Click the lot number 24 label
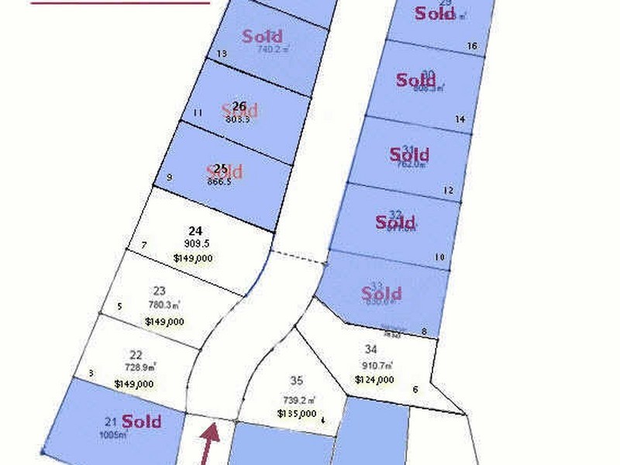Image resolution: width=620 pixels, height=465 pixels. point(195,230)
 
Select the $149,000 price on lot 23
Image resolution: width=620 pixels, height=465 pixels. point(164,321)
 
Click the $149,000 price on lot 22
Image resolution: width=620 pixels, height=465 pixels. point(134,383)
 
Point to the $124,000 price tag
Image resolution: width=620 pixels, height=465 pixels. point(375,380)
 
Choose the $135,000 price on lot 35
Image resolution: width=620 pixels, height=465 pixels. point(297,414)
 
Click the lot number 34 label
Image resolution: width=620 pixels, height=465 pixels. point(370,350)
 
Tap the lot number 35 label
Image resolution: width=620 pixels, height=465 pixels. point(297,381)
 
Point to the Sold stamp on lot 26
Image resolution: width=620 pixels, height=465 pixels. point(239,109)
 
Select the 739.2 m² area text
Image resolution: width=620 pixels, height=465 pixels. point(299,400)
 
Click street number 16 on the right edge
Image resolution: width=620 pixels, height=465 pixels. point(472,46)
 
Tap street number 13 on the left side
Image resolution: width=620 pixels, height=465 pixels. point(222,53)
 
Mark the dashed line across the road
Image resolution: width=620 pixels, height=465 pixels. point(298,257)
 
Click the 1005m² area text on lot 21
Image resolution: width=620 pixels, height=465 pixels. point(112,435)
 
